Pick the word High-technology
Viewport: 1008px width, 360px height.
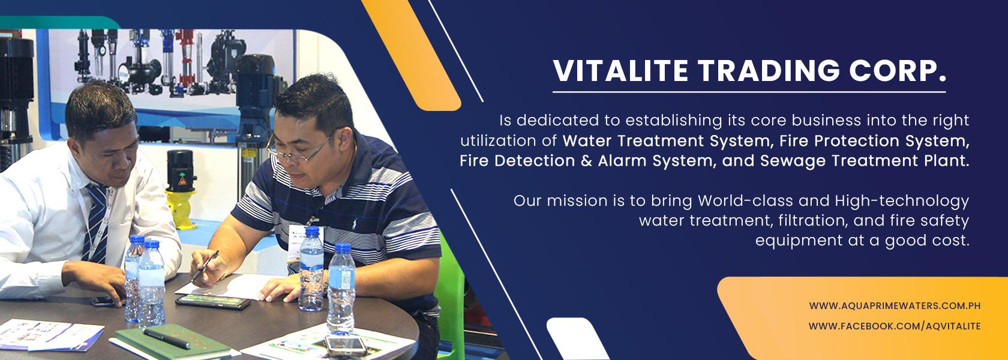pyautogui.click(x=902, y=200)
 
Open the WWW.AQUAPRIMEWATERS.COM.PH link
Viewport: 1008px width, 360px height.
pyautogui.click(x=895, y=306)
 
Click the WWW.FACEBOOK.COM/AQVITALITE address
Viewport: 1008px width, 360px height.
pyautogui.click(x=895, y=326)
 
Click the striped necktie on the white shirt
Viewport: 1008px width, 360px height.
pyautogui.click(x=96, y=223)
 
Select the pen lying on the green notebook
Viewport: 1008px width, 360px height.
pyautogui.click(x=167, y=338)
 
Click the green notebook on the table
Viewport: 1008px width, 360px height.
pyautogui.click(x=173, y=342)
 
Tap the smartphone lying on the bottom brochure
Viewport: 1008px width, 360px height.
pyautogui.click(x=346, y=346)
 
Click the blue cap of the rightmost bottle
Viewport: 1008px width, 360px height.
pyautogui.click(x=343, y=248)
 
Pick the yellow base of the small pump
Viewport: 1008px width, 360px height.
pyautogui.click(x=181, y=209)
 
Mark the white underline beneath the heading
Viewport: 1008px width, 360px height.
pyautogui.click(x=749, y=92)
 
